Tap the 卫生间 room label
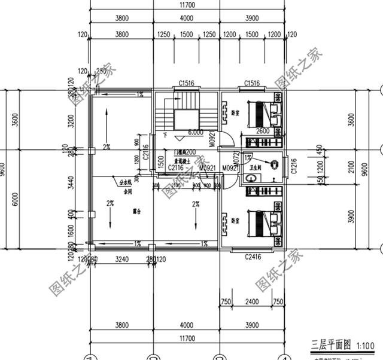pos(254,169)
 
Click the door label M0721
pos(237,158)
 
